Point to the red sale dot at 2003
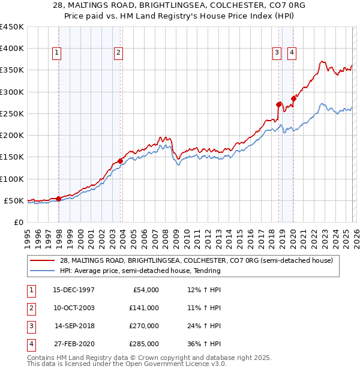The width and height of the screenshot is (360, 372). (121, 161)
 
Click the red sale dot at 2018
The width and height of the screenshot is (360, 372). (279, 104)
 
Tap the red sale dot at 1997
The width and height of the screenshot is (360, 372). (58, 199)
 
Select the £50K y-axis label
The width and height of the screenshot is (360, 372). (14, 200)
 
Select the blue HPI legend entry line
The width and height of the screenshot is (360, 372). (41, 271)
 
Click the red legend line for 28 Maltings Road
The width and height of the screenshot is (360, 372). (41, 260)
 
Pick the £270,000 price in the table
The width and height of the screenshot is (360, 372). (143, 326)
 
